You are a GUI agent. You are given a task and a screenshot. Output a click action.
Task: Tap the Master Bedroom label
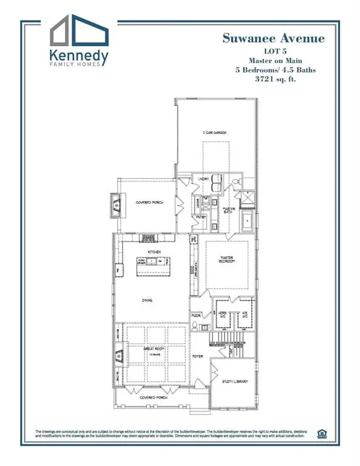coord(226,260)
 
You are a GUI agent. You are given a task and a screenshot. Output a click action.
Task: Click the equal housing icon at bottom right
coord(321,433)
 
